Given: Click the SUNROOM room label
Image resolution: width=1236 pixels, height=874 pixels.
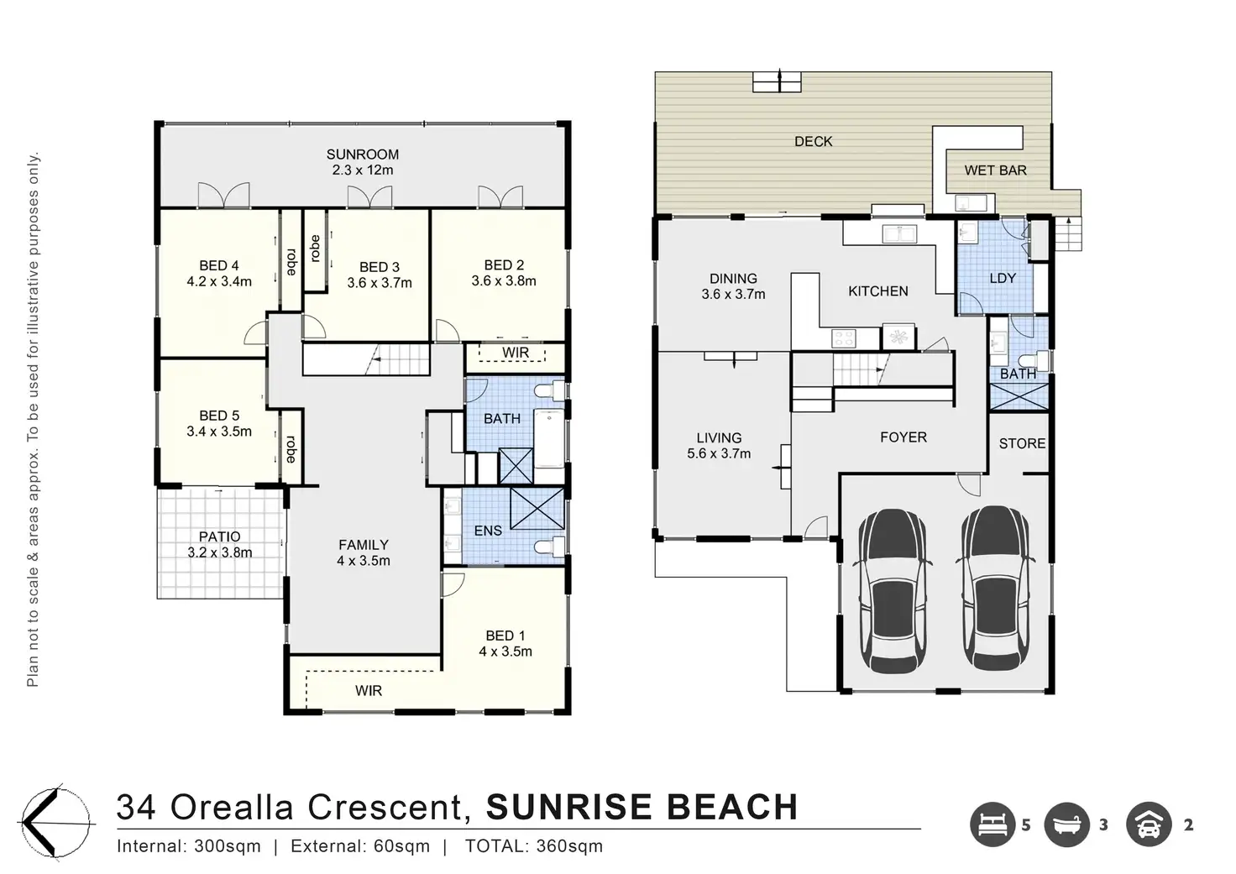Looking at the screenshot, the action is (362, 154).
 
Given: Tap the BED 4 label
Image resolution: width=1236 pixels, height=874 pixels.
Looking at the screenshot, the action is (219, 266).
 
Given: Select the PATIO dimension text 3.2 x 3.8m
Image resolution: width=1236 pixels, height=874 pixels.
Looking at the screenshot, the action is (220, 552).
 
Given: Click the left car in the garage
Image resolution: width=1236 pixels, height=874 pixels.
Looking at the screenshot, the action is (893, 590).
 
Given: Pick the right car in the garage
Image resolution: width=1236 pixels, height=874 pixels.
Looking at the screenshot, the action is (995, 589).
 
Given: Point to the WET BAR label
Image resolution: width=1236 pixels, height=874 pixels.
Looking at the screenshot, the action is (995, 170).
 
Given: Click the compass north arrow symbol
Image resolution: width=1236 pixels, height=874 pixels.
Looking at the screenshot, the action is (55, 823).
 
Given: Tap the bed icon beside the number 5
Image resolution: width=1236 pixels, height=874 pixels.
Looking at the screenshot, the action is (992, 824).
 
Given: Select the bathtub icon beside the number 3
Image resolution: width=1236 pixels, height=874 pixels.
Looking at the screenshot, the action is (1067, 824).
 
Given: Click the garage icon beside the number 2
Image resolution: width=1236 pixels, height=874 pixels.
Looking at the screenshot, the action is (1149, 824).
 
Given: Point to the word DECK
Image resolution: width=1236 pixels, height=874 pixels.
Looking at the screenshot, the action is (814, 142).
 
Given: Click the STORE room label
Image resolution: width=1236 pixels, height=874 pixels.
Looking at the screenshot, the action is (1022, 443).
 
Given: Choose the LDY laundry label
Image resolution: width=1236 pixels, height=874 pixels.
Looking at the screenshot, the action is (1003, 278).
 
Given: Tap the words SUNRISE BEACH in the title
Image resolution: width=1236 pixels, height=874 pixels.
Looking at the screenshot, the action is (642, 807).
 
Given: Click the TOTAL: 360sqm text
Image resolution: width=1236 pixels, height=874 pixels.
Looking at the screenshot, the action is (534, 846).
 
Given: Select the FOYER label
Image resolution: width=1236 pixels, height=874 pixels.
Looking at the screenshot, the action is (903, 437).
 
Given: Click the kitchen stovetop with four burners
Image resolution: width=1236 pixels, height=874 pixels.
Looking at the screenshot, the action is (844, 338).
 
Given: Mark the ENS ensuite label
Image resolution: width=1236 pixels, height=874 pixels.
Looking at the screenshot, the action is (489, 531).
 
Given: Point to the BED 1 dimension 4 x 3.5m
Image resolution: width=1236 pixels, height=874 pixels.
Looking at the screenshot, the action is (505, 652).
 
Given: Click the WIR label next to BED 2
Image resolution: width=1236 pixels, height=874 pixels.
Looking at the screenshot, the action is (516, 353).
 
